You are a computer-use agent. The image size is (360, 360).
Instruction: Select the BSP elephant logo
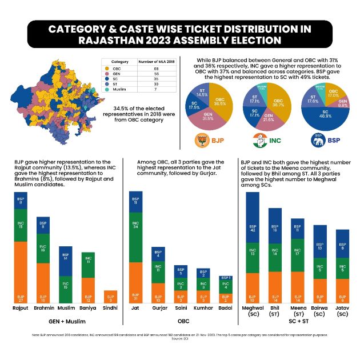[318, 139]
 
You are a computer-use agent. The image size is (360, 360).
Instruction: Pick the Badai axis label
[226, 309]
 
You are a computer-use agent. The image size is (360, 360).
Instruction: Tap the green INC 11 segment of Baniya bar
[89, 265]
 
